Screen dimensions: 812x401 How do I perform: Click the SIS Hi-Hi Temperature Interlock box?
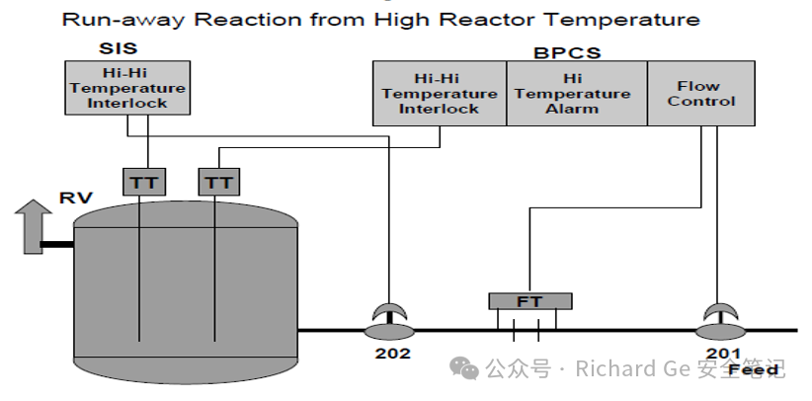[127, 88]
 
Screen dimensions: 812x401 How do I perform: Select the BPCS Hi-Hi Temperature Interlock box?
[440, 93]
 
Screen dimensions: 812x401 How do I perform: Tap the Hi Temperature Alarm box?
[577, 93]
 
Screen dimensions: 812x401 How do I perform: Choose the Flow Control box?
[701, 93]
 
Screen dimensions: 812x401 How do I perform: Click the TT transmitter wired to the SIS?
[144, 182]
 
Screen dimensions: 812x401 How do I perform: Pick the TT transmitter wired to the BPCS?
[219, 182]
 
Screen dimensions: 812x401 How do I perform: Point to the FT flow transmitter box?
[530, 301]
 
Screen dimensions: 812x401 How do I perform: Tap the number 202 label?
[392, 354]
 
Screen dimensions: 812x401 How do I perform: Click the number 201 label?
[723, 354]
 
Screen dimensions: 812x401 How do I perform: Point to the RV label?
[76, 198]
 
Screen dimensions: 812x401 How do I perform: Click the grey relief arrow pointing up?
[34, 227]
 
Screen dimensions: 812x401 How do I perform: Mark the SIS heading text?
[119, 48]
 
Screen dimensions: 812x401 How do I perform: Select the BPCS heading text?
[567, 53]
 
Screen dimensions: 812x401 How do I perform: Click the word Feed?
[754, 370]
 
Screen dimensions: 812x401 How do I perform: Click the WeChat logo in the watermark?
[464, 367]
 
